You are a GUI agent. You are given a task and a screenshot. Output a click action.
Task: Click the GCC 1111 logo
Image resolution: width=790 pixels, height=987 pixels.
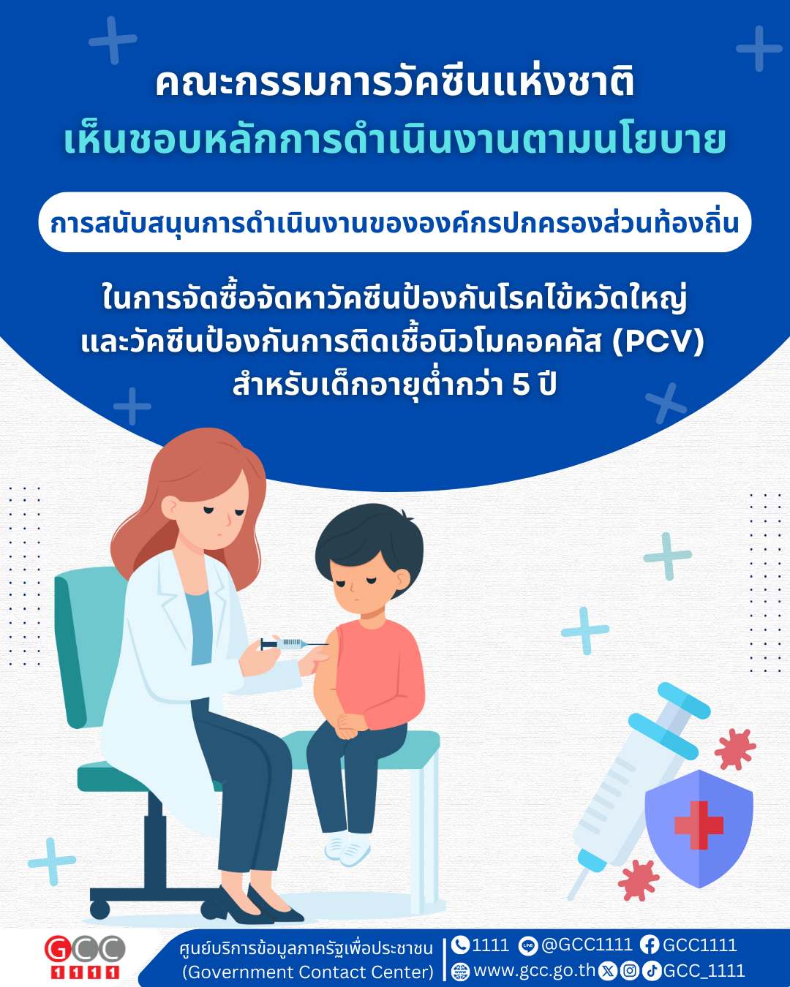click(x=84, y=957)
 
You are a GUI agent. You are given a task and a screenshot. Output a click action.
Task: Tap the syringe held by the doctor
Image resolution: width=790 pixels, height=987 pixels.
click(x=294, y=644)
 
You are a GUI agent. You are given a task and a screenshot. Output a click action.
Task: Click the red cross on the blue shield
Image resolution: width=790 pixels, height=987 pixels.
click(x=699, y=825)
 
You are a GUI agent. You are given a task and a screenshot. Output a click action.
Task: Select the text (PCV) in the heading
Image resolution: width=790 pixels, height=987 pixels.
click(x=658, y=341)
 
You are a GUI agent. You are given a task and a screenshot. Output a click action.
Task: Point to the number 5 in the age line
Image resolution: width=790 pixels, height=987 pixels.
click(x=521, y=385)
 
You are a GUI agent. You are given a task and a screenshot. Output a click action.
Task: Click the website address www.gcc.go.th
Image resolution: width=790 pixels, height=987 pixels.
click(x=534, y=970)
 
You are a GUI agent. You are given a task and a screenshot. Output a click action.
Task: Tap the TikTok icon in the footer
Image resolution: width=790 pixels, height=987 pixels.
click(x=651, y=971)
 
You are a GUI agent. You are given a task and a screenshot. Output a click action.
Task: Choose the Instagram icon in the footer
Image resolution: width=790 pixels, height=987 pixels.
click(x=630, y=971)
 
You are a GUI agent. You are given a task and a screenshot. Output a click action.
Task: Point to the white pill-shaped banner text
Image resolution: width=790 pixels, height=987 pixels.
click(x=395, y=224)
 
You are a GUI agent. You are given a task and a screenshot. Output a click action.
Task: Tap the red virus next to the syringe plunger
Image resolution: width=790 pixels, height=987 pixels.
click(x=734, y=749)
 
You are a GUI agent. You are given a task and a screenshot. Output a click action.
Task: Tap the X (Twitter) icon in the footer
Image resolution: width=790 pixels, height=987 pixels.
click(x=609, y=971)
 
